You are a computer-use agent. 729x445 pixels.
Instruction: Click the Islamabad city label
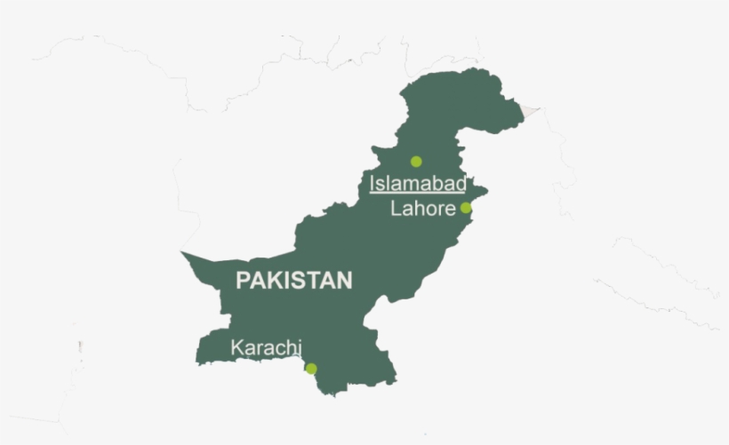418,184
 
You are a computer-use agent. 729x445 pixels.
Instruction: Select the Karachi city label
267,347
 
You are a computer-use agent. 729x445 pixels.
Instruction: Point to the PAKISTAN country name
293,281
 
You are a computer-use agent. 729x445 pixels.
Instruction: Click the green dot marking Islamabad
415,162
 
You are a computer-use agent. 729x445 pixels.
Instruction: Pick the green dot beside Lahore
466,208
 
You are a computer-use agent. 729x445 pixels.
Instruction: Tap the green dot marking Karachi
311,369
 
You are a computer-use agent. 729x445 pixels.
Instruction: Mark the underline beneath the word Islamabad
418,193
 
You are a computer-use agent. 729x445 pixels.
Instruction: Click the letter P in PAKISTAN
242,281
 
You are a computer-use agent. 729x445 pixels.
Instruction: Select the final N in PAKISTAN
344,281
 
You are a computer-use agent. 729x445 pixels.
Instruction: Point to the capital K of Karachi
236,347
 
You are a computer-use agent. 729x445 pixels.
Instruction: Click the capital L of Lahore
396,209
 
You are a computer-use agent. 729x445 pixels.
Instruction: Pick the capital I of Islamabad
373,184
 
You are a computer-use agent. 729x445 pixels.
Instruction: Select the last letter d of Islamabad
461,184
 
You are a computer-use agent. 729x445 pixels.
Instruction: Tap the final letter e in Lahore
450,210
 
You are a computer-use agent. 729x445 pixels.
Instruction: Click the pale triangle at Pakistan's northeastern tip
530,112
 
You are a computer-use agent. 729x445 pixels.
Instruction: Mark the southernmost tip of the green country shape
333,394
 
